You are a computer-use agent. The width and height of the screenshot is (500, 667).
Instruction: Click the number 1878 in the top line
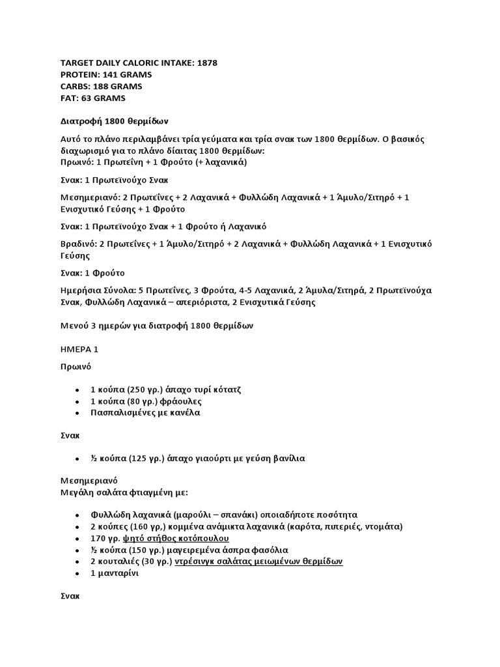click(x=205, y=63)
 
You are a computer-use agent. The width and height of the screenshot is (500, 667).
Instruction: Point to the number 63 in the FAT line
click(x=88, y=98)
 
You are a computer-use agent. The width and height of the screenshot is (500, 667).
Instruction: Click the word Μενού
click(x=75, y=325)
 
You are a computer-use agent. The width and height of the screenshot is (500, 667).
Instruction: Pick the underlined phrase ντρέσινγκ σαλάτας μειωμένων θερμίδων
click(x=259, y=561)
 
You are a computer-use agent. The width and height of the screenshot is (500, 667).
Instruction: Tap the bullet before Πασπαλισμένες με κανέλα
click(x=77, y=413)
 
